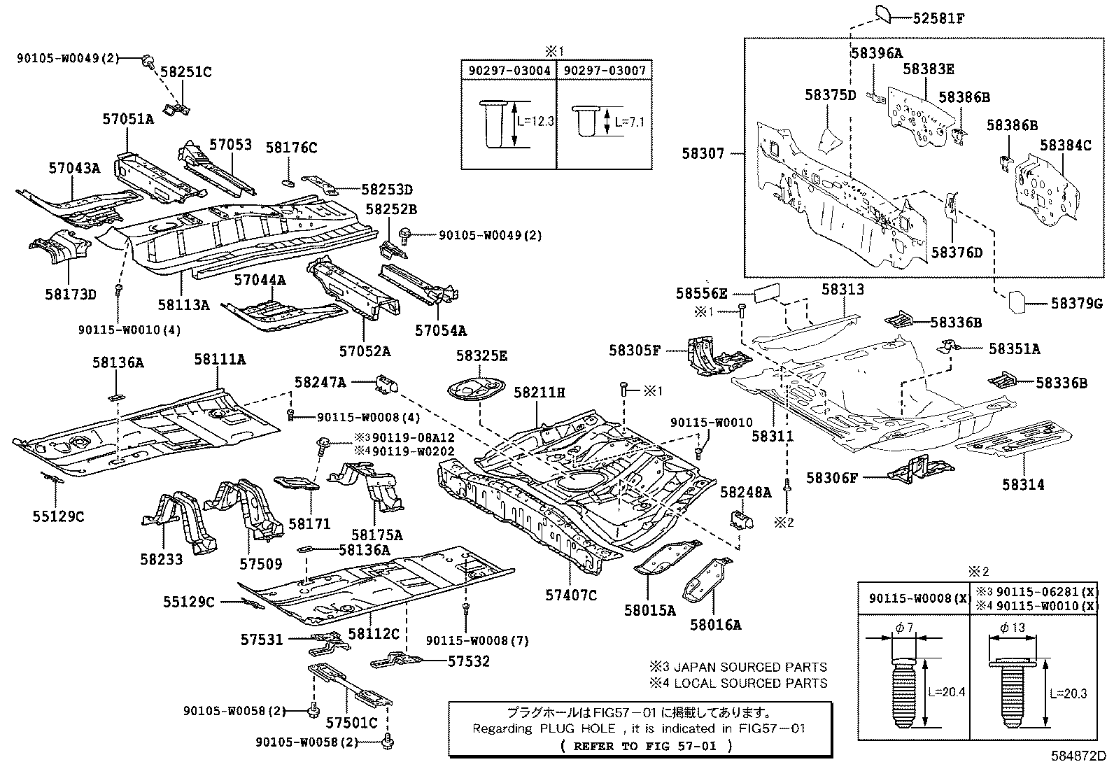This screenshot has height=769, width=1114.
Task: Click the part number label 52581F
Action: [938, 19]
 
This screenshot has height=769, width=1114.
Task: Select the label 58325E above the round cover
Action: [481, 355]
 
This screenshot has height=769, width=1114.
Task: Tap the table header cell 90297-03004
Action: [509, 70]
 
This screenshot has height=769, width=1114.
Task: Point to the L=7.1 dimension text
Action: [629, 122]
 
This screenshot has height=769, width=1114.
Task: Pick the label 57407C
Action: [571, 595]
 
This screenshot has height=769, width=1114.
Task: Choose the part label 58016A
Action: [715, 625]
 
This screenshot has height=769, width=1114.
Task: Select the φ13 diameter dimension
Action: [1013, 628]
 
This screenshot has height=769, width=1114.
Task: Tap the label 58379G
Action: [1076, 303]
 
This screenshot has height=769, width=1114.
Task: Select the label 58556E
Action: [701, 293]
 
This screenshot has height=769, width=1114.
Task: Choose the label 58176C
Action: [291, 148]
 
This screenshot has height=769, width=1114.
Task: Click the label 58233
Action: [161, 559]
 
